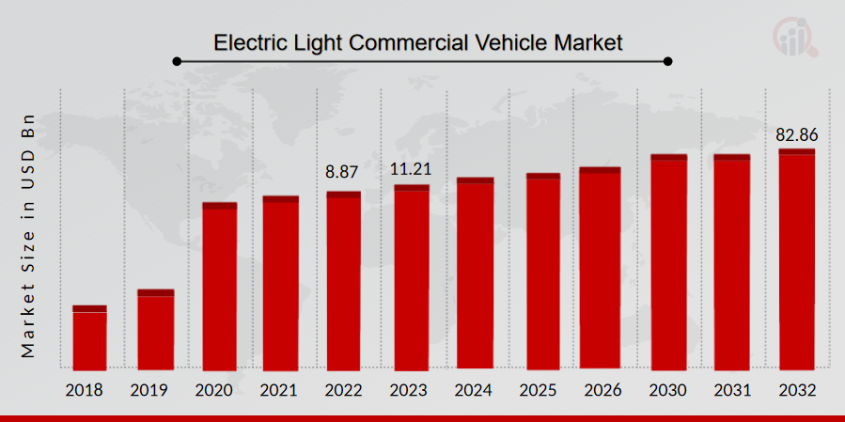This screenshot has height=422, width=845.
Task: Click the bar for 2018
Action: point(89,337)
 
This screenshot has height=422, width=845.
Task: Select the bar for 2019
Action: point(156,330)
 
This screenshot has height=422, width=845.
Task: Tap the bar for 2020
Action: point(220,287)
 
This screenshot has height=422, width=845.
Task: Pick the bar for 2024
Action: point(475,274)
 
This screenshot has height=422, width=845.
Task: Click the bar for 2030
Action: point(668,262)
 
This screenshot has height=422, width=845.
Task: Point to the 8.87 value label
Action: point(342,172)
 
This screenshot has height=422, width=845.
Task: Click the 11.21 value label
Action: point(410,169)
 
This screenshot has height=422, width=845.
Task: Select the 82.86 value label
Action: point(796,134)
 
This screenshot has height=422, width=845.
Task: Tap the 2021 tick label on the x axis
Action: point(280,389)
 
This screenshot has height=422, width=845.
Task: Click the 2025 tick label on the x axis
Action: point(542,389)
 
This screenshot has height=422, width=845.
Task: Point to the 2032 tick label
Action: point(796,389)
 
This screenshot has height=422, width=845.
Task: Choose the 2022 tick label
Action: point(344,389)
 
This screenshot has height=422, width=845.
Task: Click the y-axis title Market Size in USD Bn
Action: point(27,235)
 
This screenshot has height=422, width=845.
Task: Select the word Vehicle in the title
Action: point(527,42)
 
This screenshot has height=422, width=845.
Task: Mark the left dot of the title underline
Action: point(177,62)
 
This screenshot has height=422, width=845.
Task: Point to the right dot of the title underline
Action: point(668,62)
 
